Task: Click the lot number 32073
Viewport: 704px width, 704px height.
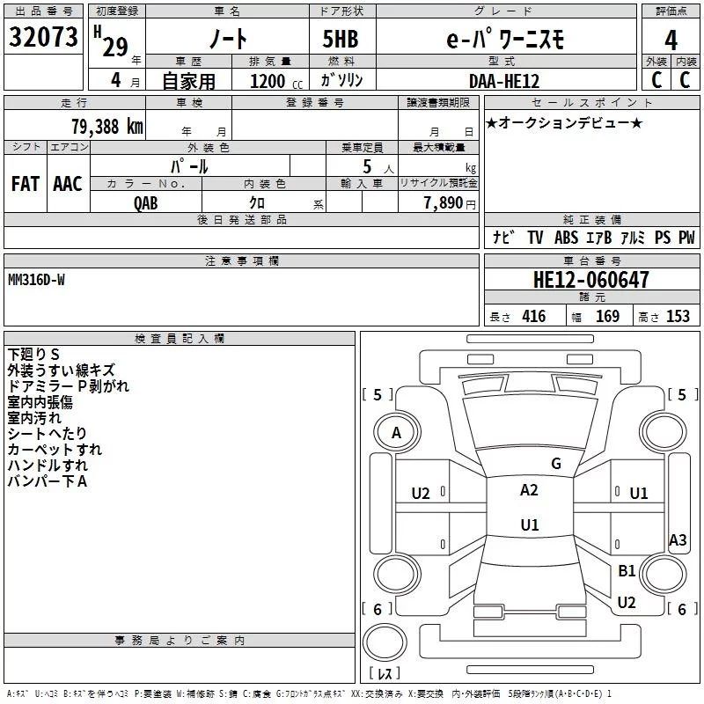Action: [43, 37]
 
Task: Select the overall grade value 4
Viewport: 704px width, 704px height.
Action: [671, 40]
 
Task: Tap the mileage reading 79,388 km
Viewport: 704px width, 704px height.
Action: [107, 127]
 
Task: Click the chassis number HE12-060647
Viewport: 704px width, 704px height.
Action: [590, 280]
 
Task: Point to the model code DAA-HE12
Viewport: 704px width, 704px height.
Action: [503, 81]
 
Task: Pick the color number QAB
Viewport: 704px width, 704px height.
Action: [146, 203]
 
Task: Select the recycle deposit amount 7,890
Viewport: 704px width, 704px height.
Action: [444, 203]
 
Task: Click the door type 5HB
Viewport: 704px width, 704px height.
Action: [341, 39]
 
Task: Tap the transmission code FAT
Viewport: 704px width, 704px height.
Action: [26, 184]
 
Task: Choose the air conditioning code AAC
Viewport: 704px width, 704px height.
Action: [68, 184]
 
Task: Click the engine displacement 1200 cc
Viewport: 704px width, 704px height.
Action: [276, 81]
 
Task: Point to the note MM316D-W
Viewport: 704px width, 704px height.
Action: [36, 280]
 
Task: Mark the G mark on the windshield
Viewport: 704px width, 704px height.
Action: [556, 464]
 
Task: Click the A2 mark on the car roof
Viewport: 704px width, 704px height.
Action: [529, 490]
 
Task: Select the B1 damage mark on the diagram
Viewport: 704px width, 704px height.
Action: [627, 570]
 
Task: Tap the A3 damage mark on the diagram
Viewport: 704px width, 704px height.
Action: [678, 540]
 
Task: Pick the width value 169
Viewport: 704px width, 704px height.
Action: [607, 317]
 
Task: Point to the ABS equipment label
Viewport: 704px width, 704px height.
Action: [566, 238]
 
